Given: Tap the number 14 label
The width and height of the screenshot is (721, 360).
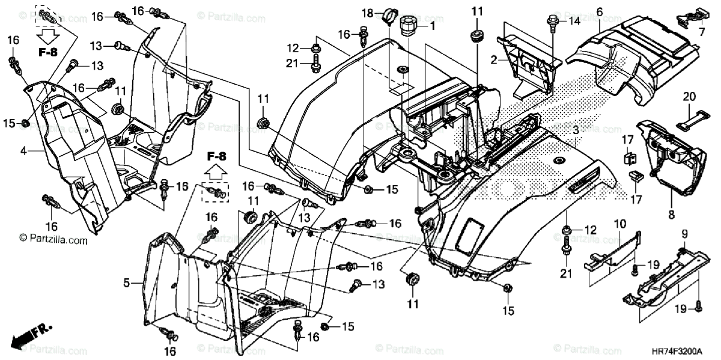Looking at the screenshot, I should (x=575, y=21).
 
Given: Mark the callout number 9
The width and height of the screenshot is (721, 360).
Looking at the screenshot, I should (x=684, y=233).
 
